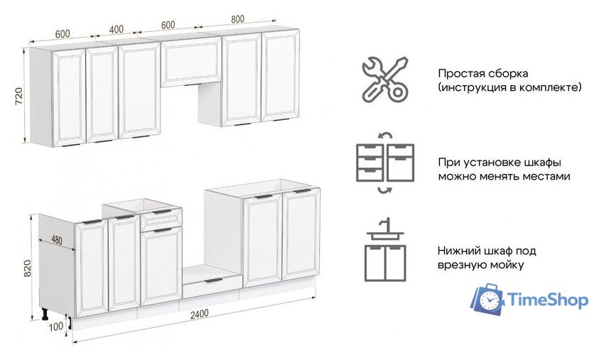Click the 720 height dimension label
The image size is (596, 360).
click(x=19, y=96)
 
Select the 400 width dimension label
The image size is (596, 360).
click(x=115, y=30)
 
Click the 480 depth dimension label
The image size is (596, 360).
click(x=57, y=240)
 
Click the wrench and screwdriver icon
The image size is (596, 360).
click(x=384, y=79)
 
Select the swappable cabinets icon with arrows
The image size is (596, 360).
click(x=385, y=162)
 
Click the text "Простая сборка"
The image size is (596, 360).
click(x=473, y=73)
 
